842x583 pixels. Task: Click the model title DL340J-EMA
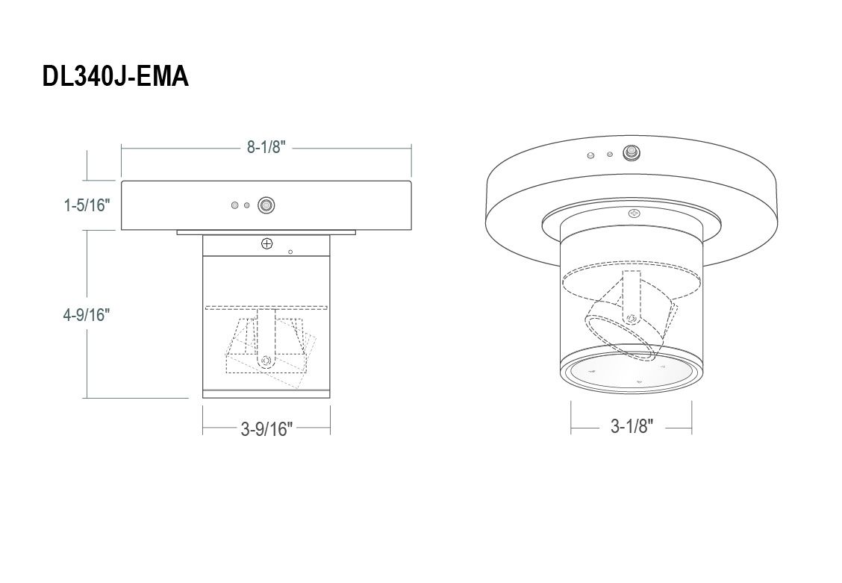[116, 76]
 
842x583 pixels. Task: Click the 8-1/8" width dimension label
[266, 146]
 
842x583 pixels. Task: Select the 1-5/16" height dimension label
[87, 205]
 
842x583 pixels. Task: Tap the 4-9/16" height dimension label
[87, 314]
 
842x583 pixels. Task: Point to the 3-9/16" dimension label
[267, 429]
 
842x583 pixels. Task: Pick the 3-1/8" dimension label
[632, 426]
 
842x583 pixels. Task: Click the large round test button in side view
[266, 205]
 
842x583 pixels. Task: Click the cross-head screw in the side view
[267, 243]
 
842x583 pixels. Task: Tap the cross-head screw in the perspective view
[635, 213]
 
